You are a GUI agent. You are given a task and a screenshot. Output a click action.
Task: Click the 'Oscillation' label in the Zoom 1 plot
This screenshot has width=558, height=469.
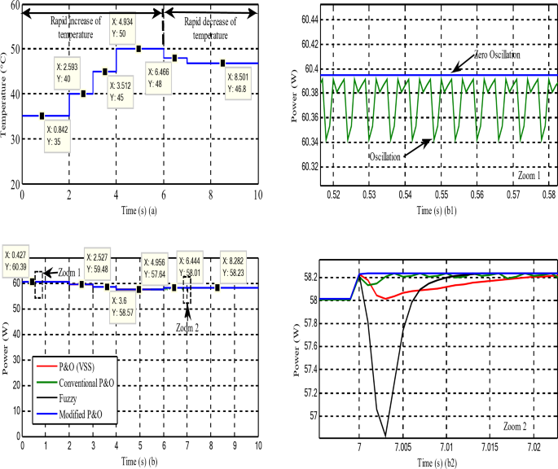tap(389, 156)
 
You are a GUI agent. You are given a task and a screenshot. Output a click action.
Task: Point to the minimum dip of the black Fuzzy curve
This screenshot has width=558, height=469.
tap(385, 435)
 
